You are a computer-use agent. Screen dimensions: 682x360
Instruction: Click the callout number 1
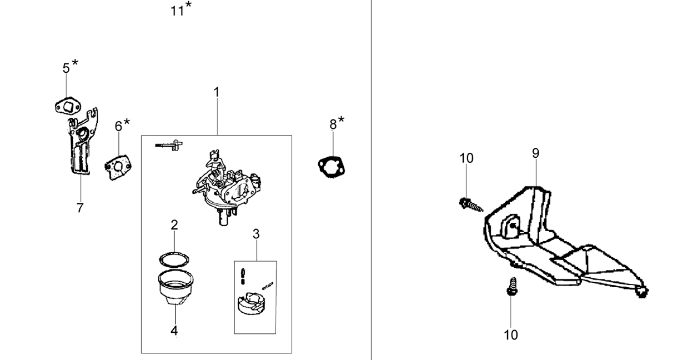(217, 92)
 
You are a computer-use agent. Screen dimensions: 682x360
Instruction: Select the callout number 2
(174, 225)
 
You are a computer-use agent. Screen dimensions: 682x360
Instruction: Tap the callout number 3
(256, 234)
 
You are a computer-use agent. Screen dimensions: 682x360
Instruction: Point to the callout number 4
(174, 331)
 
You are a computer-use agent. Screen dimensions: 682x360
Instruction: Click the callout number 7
(80, 208)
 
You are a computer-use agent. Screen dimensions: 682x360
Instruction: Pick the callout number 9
(535, 153)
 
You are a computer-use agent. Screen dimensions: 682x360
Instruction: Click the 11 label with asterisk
(181, 9)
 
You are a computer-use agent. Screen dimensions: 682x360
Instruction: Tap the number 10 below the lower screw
(511, 335)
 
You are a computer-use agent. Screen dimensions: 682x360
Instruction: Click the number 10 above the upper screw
(466, 158)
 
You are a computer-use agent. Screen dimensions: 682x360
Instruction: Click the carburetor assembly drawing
(227, 187)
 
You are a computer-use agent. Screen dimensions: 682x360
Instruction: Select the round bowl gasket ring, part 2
(174, 260)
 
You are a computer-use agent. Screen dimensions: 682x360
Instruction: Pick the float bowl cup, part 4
(175, 287)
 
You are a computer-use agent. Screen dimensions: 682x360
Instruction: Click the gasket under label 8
(331, 167)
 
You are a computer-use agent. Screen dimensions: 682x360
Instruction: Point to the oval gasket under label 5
(68, 106)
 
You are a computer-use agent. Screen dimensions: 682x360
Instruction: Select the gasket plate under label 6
(118, 167)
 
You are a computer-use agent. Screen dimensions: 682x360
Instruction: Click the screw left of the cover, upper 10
(471, 205)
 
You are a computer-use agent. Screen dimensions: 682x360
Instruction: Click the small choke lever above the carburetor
(169, 145)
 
